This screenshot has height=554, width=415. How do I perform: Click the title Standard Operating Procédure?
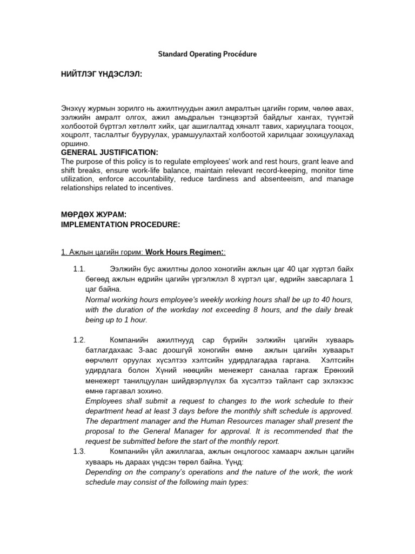(x=207, y=55)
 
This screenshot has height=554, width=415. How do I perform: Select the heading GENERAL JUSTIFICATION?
(x=110, y=153)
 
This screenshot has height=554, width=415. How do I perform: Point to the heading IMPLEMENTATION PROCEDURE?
(x=120, y=224)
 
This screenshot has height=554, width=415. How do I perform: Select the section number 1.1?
(x=79, y=269)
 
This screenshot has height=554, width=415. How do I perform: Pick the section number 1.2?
(x=79, y=340)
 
